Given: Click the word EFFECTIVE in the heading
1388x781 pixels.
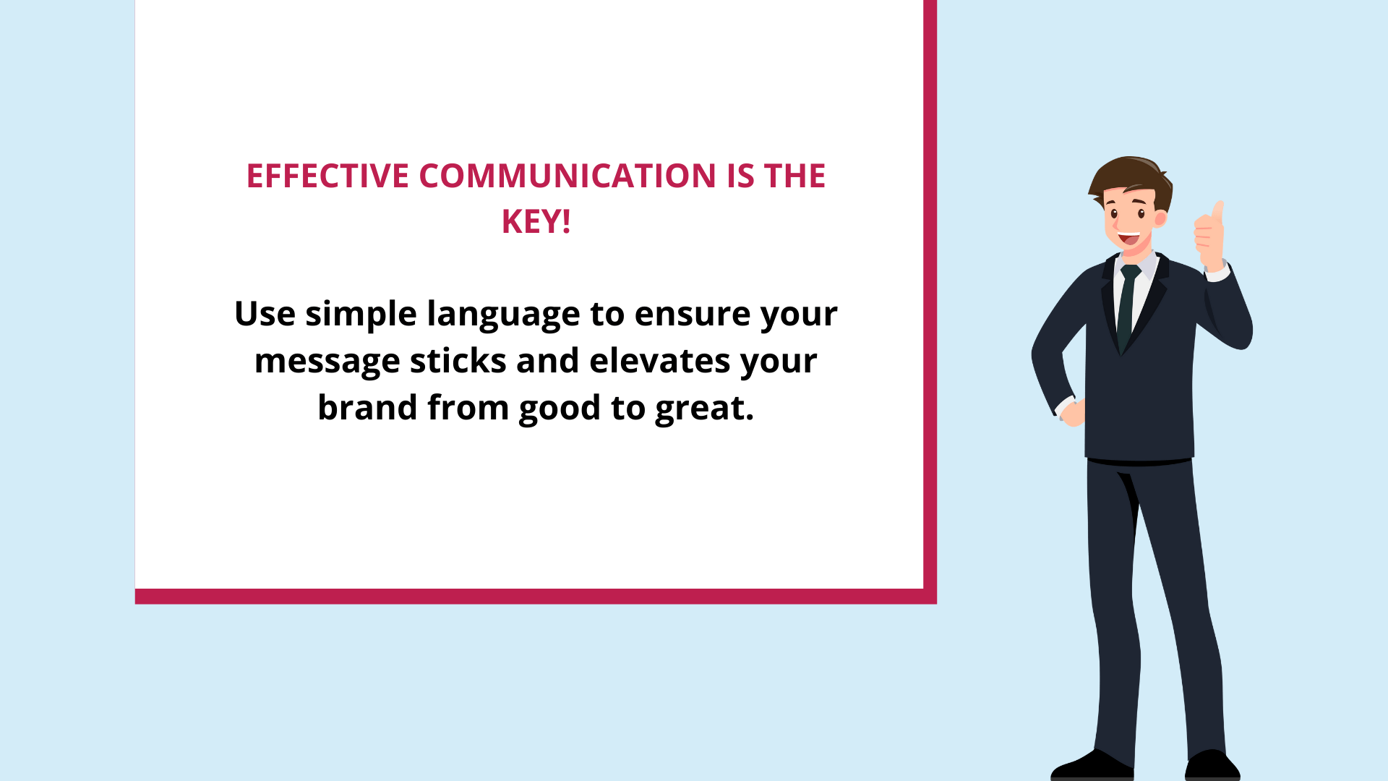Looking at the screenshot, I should coord(327,176).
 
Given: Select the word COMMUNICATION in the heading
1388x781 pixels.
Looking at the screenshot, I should coord(567,176).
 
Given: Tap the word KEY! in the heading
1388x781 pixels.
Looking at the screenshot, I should coord(536,222).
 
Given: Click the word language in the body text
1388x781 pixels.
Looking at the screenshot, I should coord(503,314).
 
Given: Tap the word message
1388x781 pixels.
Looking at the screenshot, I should coord(327,361).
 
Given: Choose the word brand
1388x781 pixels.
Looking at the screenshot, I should coord(367,408).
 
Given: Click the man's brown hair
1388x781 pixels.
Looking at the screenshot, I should coord(1129,177).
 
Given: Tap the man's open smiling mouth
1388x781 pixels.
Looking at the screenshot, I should coord(1128,237).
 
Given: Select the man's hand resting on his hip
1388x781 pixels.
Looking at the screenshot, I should coord(1073,412).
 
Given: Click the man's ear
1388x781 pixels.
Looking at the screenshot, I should coord(1160,218).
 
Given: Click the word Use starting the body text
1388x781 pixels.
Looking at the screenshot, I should coord(265,314).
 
